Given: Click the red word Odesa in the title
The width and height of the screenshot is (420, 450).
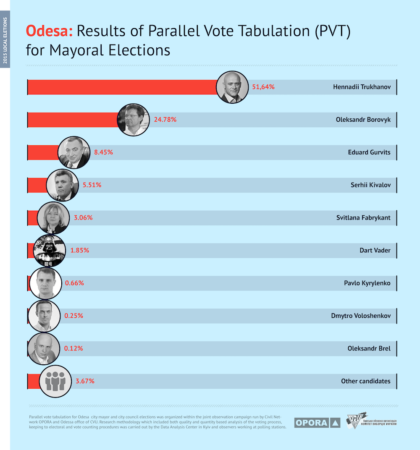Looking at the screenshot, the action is pos(49,31).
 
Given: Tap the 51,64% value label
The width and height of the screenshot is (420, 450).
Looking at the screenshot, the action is pos(263,87).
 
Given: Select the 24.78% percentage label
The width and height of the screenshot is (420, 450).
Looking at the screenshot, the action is pos(165,120).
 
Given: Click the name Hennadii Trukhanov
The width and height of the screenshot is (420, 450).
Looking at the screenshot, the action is pos(362,87).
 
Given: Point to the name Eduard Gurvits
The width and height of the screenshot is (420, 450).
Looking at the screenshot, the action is pos(369,152).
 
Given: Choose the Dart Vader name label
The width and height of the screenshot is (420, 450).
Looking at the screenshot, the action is pos(375,251).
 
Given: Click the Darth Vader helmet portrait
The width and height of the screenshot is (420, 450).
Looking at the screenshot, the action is pos(50,251).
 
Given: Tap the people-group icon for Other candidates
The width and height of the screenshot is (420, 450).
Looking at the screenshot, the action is pos(55,382).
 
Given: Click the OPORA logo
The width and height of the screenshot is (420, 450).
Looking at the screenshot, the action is pos(317,423).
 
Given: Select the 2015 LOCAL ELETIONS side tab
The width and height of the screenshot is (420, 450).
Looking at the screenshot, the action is pos(5,39).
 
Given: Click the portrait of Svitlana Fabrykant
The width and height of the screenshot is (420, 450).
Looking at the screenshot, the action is pos(53,218).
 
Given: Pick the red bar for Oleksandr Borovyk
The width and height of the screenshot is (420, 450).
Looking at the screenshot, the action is pos(73,120).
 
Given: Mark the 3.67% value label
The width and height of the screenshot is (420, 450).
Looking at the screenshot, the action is pos(85,381).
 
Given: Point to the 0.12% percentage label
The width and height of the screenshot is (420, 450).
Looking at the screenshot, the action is pos(73,348).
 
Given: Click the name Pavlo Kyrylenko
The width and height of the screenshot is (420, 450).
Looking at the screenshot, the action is pos(367,283).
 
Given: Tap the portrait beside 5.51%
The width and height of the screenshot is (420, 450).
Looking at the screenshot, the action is pos(62,185).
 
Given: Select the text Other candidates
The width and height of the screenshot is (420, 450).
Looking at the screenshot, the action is pos(366,381).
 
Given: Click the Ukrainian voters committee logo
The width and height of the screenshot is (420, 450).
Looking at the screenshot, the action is pos(371,421).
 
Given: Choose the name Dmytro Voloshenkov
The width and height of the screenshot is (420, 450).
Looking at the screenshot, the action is pos(361,316).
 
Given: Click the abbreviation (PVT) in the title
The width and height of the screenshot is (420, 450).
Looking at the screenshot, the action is pos(333,31).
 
